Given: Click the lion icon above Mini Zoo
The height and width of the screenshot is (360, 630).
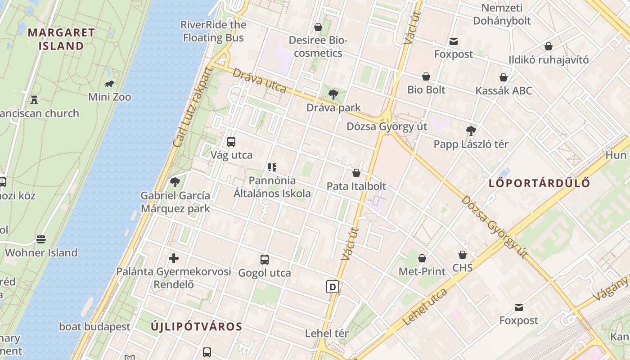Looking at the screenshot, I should [109, 84].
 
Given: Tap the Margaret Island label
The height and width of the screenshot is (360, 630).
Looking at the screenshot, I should [61, 39].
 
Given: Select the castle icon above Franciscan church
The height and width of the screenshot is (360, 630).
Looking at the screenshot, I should [34, 99].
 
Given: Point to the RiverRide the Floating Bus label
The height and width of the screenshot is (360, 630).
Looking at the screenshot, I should [213, 31].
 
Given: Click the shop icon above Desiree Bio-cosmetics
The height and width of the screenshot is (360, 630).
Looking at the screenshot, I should [318, 27].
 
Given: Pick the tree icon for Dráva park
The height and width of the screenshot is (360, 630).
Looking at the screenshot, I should [333, 94].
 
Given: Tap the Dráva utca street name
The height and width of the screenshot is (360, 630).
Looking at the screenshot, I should [260, 81].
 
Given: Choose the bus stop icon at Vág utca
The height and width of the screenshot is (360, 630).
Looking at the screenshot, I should [231, 142].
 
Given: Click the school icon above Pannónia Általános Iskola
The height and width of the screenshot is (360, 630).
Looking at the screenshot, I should [272, 168].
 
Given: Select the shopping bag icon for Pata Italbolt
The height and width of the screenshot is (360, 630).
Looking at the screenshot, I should [356, 172].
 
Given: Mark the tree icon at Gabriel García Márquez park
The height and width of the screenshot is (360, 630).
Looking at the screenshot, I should [175, 182].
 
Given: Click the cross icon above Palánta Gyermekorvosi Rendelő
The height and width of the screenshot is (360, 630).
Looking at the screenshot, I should [174, 258].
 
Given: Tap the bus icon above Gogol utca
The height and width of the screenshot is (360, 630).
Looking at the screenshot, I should [265, 260].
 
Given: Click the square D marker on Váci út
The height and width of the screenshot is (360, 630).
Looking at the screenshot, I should [333, 287].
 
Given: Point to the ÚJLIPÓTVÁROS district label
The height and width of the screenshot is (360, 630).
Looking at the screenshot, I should [196, 327].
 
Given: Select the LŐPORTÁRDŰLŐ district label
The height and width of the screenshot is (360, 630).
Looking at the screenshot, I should [539, 183].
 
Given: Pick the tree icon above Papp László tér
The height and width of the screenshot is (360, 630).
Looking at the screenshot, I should [471, 131].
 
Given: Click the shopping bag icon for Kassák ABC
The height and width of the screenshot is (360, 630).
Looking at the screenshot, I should [504, 77].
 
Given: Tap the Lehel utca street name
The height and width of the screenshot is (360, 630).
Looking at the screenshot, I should [425, 307].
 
